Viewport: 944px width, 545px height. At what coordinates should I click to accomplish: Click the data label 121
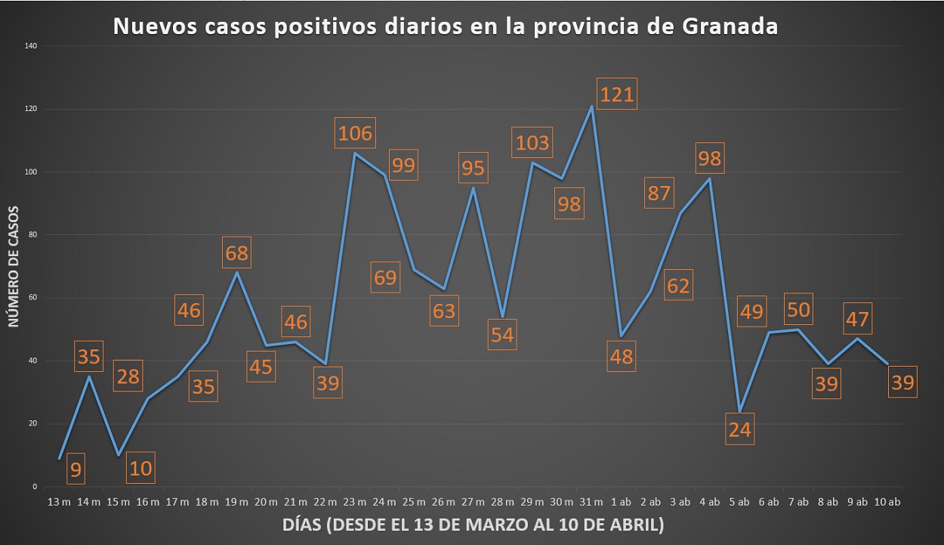[617, 94]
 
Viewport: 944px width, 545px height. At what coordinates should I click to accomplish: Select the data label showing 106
[355, 133]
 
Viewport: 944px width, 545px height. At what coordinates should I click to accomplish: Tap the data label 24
[739, 429]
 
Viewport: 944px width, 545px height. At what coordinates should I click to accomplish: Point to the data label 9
[76, 469]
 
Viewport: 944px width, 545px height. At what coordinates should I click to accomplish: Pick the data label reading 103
[532, 142]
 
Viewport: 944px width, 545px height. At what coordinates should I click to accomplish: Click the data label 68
[236, 252]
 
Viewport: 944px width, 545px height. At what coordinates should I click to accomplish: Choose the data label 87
[659, 193]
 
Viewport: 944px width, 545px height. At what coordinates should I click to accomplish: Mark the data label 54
[502, 334]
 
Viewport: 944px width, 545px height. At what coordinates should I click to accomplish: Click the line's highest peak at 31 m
[591, 107]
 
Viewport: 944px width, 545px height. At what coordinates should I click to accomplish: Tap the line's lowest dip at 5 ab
[739, 411]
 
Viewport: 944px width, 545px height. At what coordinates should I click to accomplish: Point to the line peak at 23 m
[355, 153]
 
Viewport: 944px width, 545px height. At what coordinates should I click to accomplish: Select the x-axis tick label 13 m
[60, 502]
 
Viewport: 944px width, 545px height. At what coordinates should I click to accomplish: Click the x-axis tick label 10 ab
[887, 502]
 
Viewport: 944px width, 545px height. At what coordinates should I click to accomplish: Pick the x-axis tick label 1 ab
[621, 502]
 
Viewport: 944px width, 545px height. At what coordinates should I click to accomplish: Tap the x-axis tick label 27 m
[473, 502]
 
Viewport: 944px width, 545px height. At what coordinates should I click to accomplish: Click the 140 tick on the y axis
[31, 46]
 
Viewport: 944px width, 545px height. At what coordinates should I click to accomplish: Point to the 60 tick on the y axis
[32, 298]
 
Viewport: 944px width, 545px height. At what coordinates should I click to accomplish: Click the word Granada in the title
[730, 26]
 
